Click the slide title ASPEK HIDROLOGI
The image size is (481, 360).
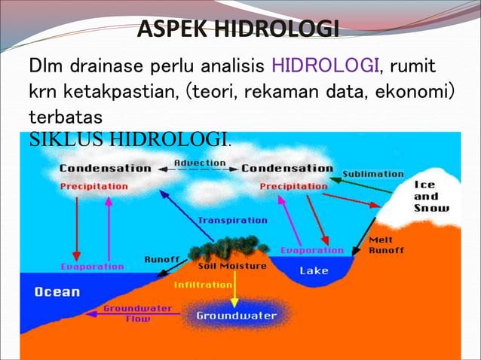[x=237, y=31]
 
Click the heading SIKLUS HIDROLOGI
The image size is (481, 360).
[x=129, y=139]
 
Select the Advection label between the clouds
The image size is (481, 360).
[x=200, y=162]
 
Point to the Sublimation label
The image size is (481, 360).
[x=373, y=174]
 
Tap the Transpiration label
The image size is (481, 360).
[x=232, y=221]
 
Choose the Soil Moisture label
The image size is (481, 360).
[x=231, y=266]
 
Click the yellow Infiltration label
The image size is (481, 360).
[x=203, y=285]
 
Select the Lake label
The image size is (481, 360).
[x=314, y=270]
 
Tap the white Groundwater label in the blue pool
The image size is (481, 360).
[x=236, y=316]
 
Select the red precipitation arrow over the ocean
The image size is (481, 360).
[x=76, y=226]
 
